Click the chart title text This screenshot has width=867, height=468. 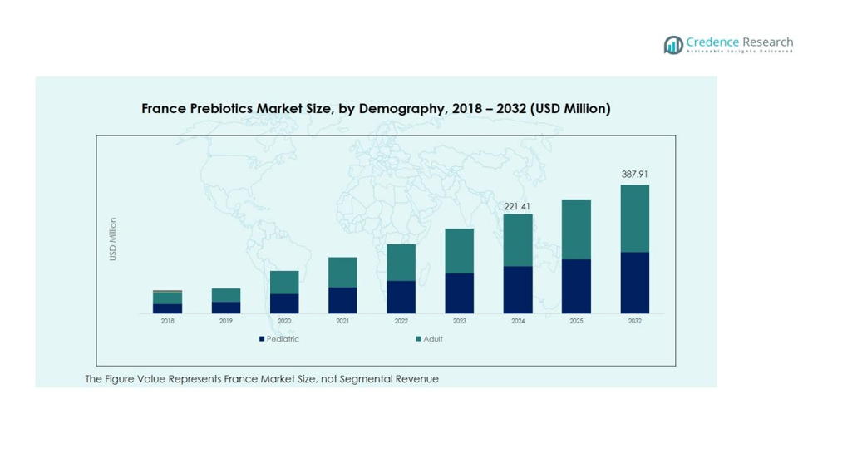pos(376,109)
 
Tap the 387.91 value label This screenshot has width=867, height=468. pos(634,175)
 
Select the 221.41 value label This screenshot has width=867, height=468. pos(517,205)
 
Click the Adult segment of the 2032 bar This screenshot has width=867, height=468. pos(634,218)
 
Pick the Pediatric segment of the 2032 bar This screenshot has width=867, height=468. pos(634,283)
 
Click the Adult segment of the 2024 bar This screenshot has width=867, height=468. pos(517,240)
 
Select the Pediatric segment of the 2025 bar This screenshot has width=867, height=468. pos(576,286)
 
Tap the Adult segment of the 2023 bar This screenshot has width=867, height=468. pos(459,251)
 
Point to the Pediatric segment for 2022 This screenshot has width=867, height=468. pos(401,297)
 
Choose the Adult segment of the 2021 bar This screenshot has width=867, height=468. pos(342,273)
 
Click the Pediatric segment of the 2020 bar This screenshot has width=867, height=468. pos(284,303)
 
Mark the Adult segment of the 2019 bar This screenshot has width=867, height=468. pos(226,295)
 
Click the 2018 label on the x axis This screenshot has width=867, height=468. pos(167,321)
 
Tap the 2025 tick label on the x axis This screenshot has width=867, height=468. pos(576,321)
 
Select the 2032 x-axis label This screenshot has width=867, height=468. pos(634,321)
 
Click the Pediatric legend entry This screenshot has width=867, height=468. pos(279,339)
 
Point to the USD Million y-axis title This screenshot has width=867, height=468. pos(113,239)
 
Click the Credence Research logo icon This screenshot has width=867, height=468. pos(672,45)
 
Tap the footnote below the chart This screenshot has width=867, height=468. pos(262,379)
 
